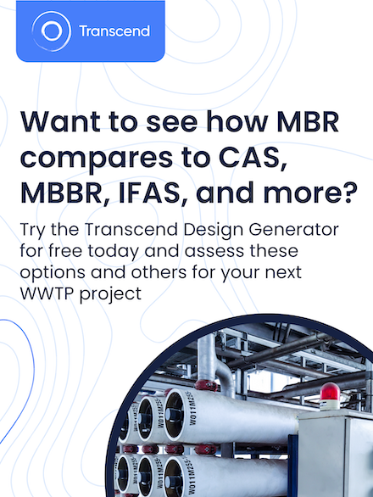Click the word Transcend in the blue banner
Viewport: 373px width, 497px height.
pos(114,31)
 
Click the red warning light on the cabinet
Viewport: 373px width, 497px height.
pos(329,393)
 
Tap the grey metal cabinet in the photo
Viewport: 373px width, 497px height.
pos(335,450)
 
